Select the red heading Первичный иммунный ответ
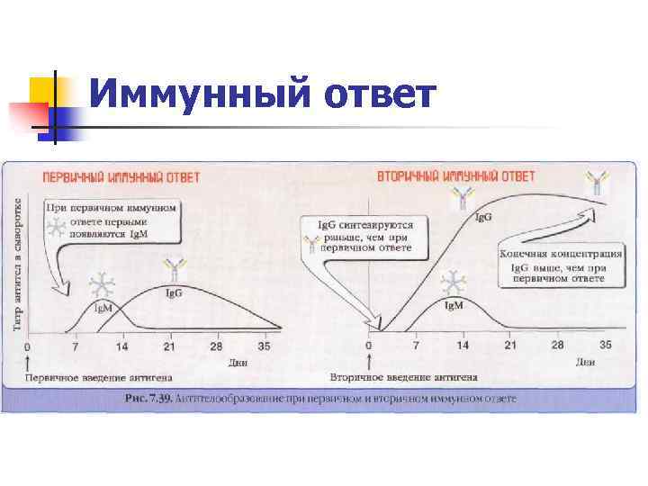coord(102,175)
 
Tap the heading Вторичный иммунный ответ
coord(455,175)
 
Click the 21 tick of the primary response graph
coord(168,346)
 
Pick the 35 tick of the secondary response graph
coord(605,346)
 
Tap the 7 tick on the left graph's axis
coord(76,346)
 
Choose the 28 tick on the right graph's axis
coord(557,346)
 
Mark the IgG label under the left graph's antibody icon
coord(174,294)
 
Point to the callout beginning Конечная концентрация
coord(561,266)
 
